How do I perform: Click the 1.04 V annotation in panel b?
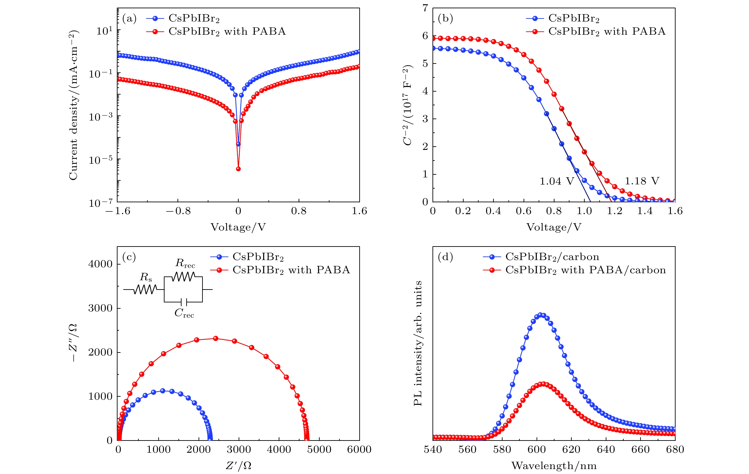point(556,181)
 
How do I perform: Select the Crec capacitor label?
point(184,313)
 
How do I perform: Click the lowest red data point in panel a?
point(238,169)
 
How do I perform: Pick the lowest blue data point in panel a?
point(238,144)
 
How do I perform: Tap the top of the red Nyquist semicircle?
point(215,338)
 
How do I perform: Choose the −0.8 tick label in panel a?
point(178,211)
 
